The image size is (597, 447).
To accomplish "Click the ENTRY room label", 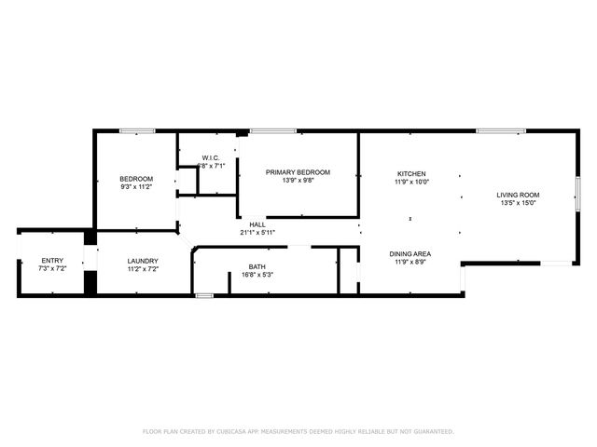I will click(x=51, y=261).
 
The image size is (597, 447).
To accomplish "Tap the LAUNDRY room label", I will click(x=143, y=261).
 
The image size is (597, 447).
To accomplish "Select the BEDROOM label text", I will click(x=136, y=179).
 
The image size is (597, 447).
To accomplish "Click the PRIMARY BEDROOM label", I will click(x=298, y=172).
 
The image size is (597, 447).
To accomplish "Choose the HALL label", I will click(x=257, y=224).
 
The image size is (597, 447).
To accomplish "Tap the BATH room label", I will click(x=257, y=267).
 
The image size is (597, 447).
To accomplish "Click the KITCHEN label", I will click(x=411, y=174).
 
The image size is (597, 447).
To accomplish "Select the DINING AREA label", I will click(x=410, y=253).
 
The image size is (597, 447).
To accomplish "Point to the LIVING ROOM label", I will click(x=520, y=195).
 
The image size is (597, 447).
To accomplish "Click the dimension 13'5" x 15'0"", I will click(x=520, y=203).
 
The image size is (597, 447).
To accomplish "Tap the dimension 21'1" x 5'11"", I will click(x=257, y=233).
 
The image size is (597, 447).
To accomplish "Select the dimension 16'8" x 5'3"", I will click(x=257, y=276).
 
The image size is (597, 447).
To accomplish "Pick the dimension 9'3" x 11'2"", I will click(x=136, y=187).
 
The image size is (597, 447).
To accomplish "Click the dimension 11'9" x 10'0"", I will click(x=411, y=183).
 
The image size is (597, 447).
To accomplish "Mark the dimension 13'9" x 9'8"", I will click(x=298, y=181).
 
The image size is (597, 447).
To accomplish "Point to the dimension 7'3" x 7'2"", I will click(x=51, y=269).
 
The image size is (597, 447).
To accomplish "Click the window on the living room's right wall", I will click(x=577, y=195).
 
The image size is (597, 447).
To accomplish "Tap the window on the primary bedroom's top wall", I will click(x=267, y=130).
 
